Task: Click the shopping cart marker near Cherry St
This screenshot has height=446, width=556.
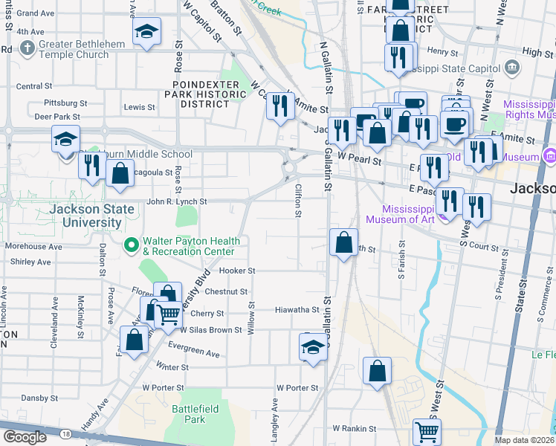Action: coord(169,314)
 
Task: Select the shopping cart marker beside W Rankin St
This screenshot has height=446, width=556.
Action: coord(427,431)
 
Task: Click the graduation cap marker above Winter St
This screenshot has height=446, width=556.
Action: coord(313,346)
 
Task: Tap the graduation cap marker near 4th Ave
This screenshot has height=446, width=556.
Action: coord(146,32)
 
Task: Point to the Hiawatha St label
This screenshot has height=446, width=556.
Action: coord(297,310)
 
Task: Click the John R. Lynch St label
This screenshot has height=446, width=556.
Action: coord(176,201)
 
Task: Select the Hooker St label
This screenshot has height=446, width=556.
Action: coord(237,271)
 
